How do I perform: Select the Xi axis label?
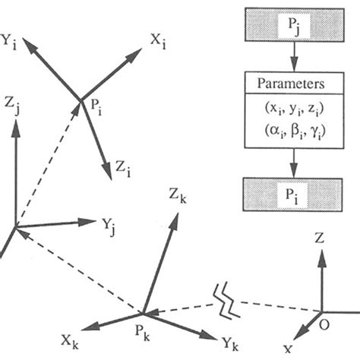click(x=157, y=39)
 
